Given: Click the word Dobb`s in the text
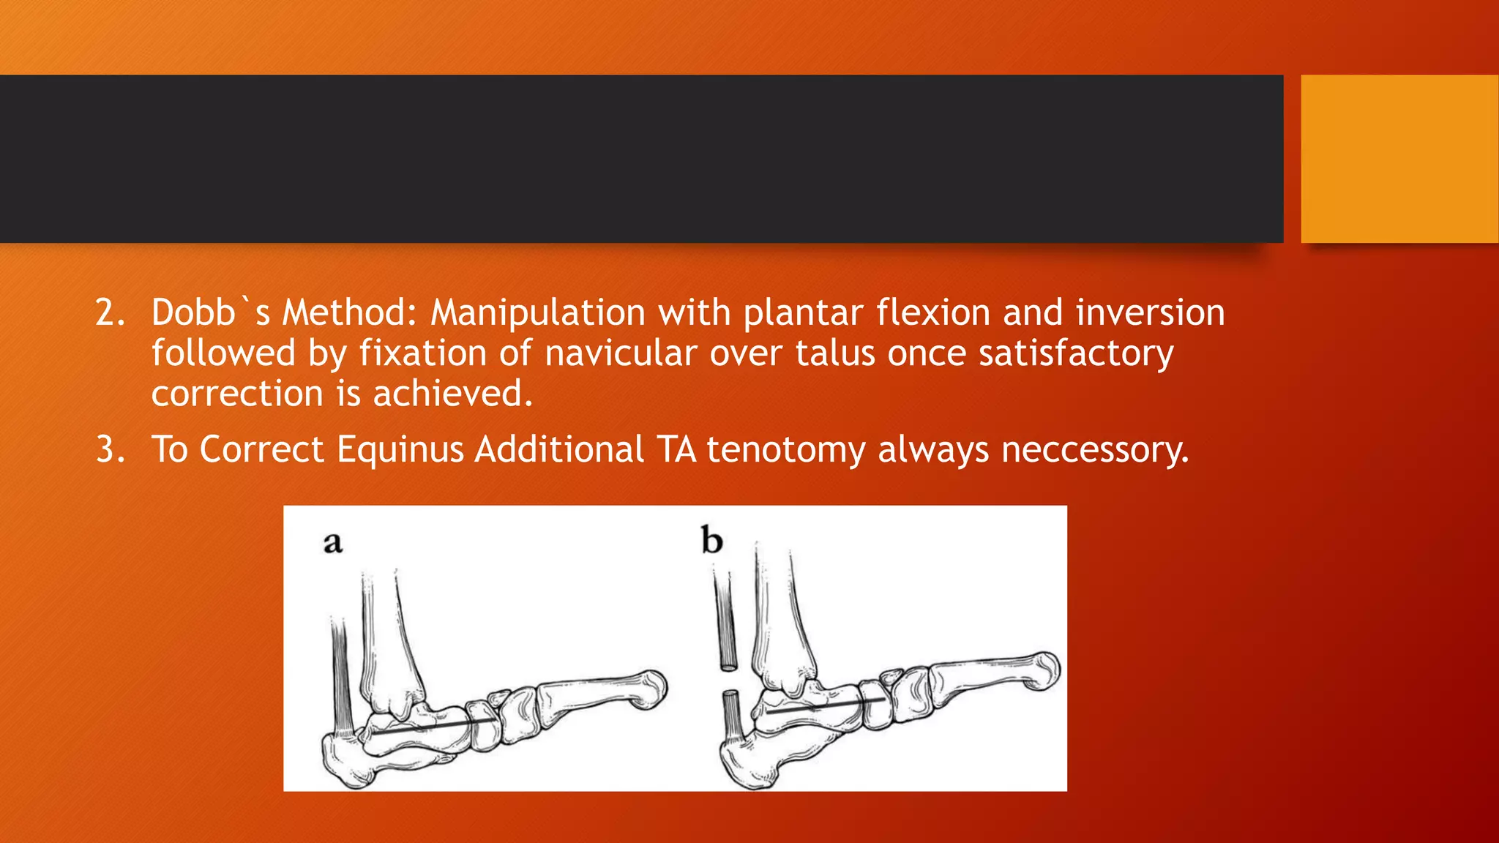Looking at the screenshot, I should coord(211,313).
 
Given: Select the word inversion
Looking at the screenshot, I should coord(1150,313).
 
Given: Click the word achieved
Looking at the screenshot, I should coord(452,394).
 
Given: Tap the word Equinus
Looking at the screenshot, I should coord(400,449).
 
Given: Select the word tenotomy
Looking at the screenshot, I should coord(785,449).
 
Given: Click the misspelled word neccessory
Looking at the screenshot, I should coord(1094,449).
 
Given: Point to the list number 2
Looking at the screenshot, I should coord(111,313).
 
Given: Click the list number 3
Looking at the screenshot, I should coord(111,449).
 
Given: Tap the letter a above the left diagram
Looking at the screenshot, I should coord(333,544).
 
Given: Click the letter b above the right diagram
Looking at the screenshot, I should coord(711,542).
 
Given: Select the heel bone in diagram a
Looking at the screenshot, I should coord(344,761).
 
